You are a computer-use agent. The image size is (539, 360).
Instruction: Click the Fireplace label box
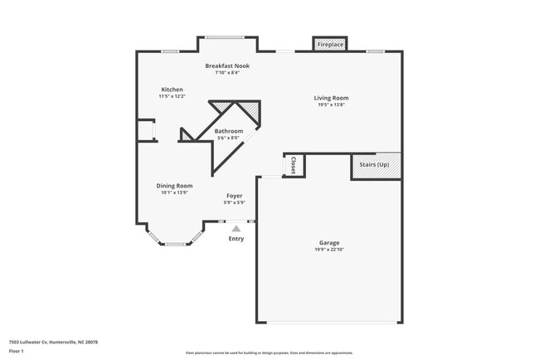pos(330,44)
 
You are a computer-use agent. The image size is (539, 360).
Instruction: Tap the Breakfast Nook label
pos(227,66)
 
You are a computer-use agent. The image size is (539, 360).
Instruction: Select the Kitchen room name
pos(172,90)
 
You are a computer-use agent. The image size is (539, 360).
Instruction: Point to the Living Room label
pos(331,98)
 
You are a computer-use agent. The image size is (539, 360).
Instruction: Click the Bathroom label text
pos(229,131)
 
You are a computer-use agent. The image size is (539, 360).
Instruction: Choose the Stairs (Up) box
pos(376,165)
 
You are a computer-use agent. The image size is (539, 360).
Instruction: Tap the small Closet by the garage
pos(294,165)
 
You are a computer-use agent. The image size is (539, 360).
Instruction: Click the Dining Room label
pos(175,186)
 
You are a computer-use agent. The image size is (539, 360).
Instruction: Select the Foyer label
pos(235,196)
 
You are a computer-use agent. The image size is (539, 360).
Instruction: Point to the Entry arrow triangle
pos(236,228)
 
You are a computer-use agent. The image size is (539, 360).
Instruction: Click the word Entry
pos(236,239)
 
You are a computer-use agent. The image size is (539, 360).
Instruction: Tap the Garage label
pos(329,243)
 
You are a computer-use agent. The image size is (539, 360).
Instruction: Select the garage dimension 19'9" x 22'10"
pos(329,250)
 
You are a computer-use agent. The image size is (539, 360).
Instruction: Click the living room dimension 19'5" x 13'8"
pos(331,105)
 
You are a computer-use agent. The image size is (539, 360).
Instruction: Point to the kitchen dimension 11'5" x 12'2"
pos(172,96)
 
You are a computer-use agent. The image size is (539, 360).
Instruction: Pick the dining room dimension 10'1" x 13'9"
pos(175,192)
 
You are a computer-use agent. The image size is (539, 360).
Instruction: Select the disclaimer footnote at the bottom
pos(269,352)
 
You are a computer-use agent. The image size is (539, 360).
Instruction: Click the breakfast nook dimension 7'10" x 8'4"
pos(227,72)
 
